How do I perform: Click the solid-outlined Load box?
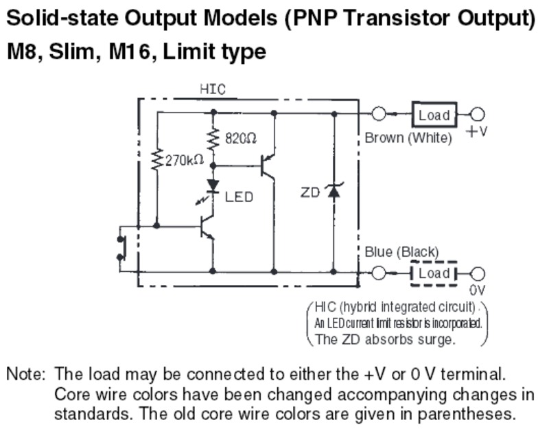(x=434, y=115)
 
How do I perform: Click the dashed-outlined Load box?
(x=434, y=273)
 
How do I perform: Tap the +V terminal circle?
(x=478, y=115)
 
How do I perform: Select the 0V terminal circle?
(x=478, y=273)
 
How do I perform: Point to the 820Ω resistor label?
(x=241, y=139)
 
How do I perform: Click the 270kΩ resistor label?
(x=185, y=161)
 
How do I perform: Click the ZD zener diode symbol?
(x=334, y=192)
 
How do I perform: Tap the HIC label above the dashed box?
(x=213, y=89)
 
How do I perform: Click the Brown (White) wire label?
(x=408, y=138)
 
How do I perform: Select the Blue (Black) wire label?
(x=401, y=252)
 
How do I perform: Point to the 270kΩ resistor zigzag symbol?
(x=157, y=159)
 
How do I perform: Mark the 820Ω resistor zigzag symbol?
(x=213, y=137)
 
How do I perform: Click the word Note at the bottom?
(x=25, y=375)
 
